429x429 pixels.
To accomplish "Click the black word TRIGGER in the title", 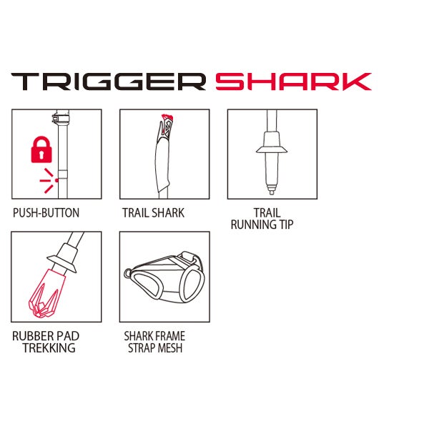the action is (x=109, y=82).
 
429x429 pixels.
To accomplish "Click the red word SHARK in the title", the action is (x=293, y=82).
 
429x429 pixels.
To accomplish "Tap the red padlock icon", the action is (x=41, y=149).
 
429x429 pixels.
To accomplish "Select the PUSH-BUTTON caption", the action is (x=46, y=213).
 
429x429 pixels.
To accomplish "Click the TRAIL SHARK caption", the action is (x=153, y=213).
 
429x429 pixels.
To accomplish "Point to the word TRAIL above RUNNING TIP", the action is (x=267, y=213).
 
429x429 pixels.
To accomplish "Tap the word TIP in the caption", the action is (x=286, y=225).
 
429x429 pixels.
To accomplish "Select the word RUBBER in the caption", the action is (x=30, y=336).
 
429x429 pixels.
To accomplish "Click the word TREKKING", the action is (x=49, y=347).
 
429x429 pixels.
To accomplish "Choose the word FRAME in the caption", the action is (x=169, y=336).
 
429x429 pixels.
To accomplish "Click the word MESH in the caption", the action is (x=170, y=347).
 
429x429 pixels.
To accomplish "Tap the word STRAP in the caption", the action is (x=142, y=347).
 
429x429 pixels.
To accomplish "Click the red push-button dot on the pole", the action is (x=56, y=180).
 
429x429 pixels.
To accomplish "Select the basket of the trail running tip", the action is (x=272, y=149).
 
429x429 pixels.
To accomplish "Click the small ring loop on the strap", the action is (x=127, y=273).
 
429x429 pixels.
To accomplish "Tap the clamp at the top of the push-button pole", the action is (x=61, y=117).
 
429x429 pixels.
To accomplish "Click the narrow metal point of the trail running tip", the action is (x=272, y=189).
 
